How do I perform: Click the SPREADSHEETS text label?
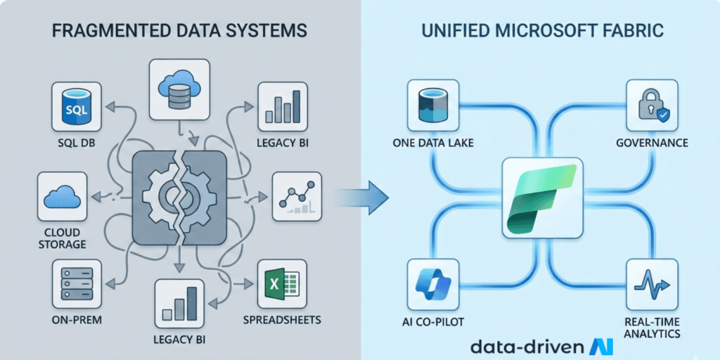pyautogui.click(x=281, y=320)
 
